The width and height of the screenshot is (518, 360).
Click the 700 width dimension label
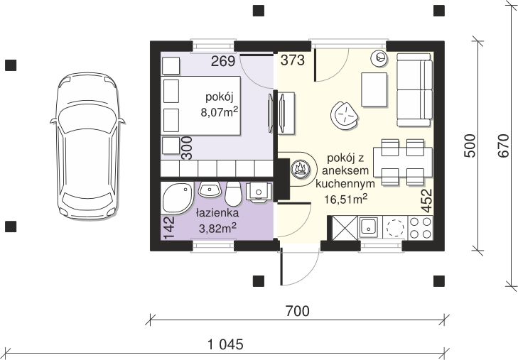click(297, 311)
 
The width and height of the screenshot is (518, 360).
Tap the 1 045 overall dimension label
click(226, 344)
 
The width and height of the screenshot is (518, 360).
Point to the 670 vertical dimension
click(503, 146)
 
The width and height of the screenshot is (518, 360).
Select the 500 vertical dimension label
click(470, 146)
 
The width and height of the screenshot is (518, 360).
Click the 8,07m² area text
click(220, 112)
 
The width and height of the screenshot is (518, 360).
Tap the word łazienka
click(217, 213)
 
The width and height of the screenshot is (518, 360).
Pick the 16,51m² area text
click(345, 199)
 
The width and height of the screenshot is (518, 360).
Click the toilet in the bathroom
click(233, 194)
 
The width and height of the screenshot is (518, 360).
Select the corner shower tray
click(177, 198)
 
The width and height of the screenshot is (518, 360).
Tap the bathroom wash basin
click(209, 190)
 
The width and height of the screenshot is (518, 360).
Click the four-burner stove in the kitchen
click(421, 228)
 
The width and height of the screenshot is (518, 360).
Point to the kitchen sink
click(368, 228)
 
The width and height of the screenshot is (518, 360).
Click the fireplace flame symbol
click(300, 169)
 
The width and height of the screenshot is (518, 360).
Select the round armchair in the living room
click(345, 116)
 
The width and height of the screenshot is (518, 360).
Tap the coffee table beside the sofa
click(374, 89)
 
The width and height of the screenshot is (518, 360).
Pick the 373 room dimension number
click(292, 60)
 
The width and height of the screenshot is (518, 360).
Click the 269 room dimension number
click(223, 61)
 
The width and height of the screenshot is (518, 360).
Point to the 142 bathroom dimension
click(168, 228)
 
